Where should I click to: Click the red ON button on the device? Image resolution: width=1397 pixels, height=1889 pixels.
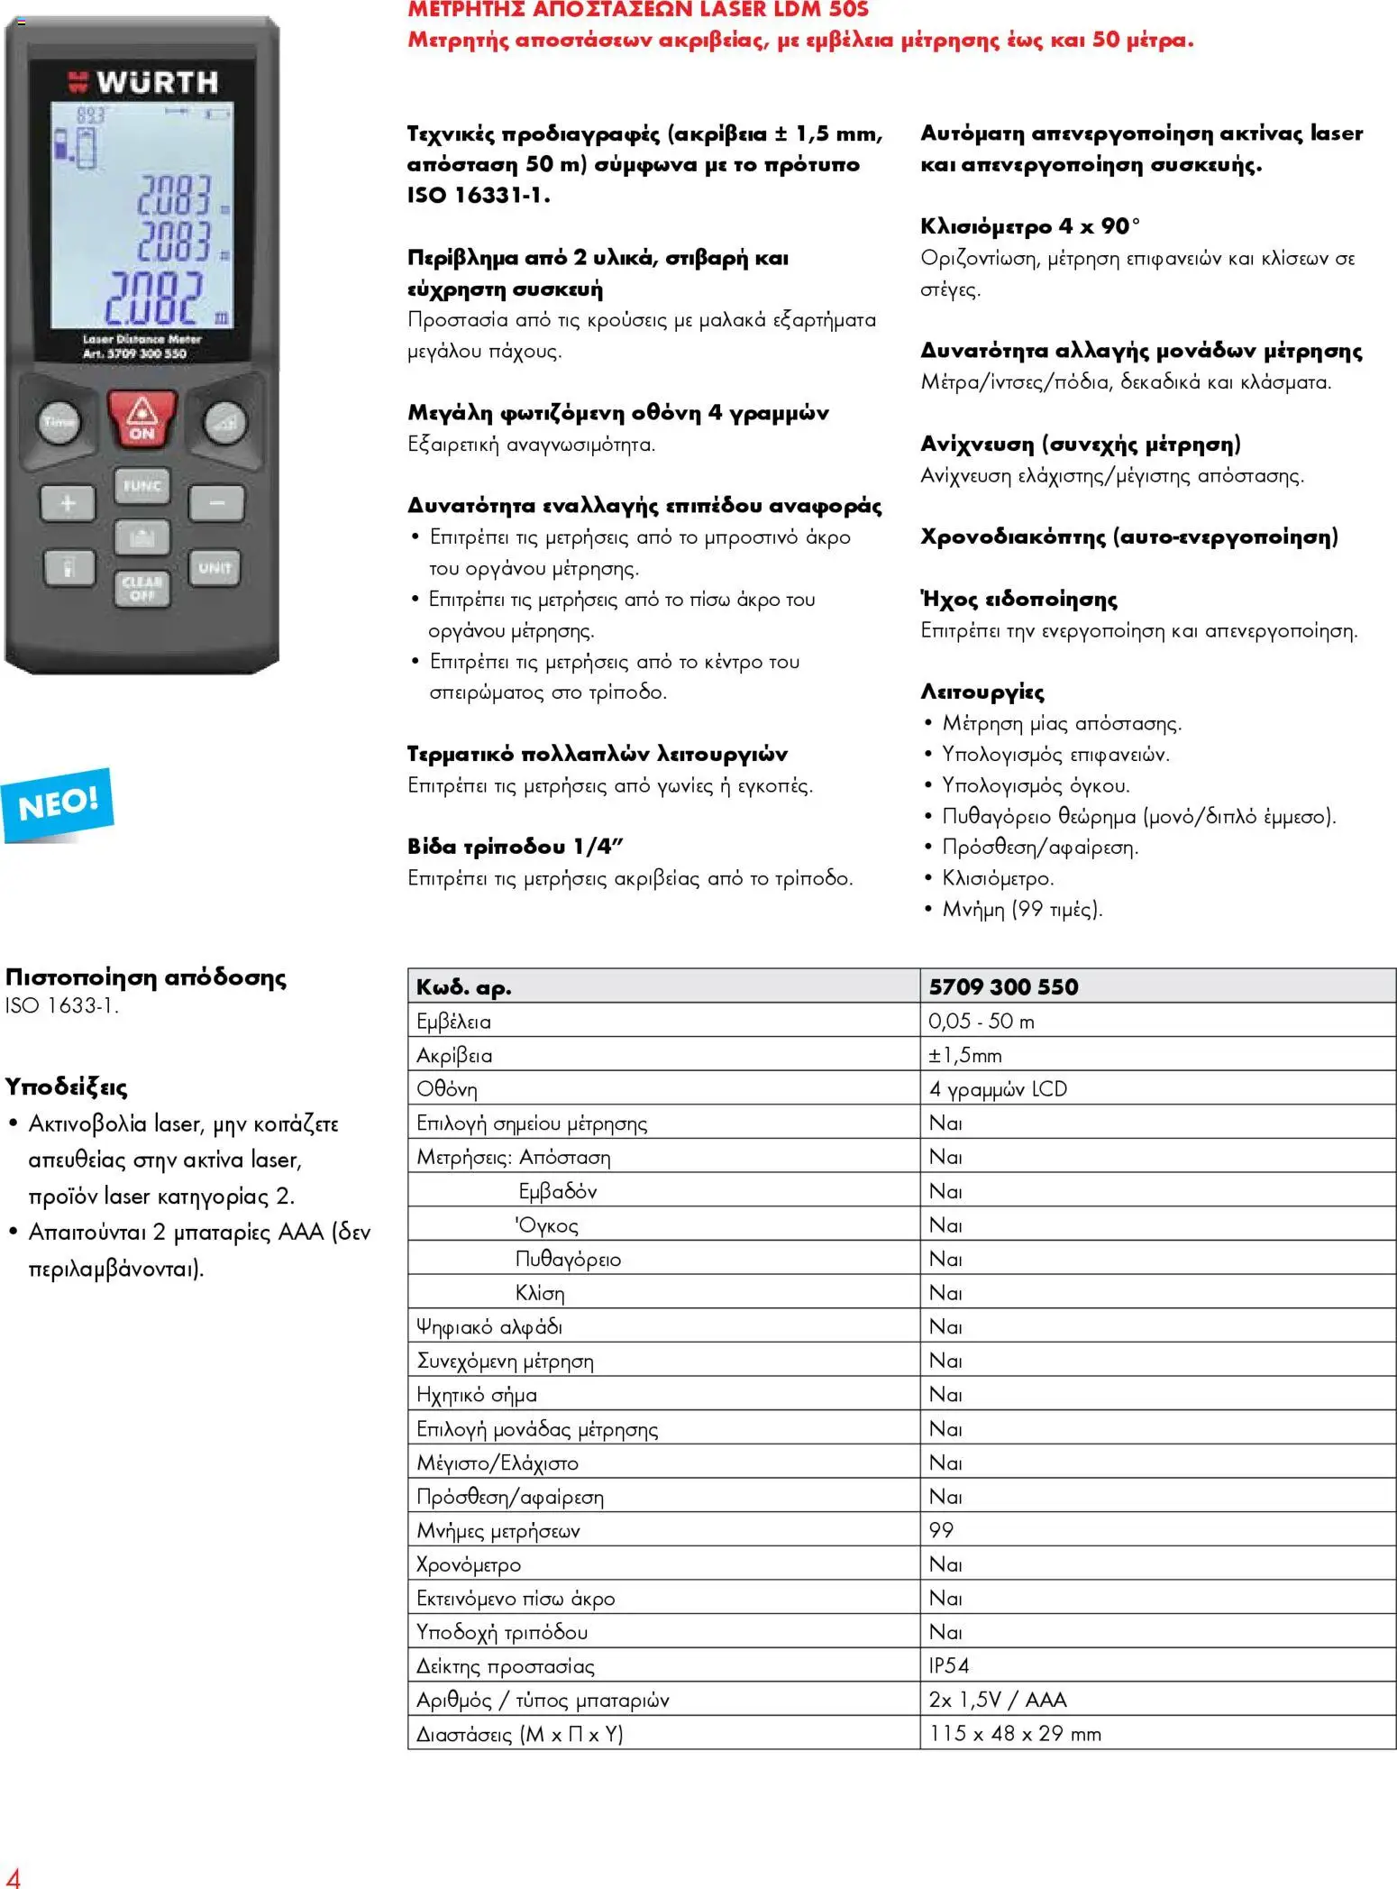point(142,419)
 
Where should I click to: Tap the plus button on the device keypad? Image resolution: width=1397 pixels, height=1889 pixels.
point(68,503)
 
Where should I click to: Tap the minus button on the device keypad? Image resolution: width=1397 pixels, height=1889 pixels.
point(216,503)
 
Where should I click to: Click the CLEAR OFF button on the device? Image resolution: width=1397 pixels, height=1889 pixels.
point(142,588)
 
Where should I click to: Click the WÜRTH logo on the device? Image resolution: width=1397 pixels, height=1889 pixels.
point(144,83)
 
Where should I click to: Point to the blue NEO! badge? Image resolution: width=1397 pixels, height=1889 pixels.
point(58,802)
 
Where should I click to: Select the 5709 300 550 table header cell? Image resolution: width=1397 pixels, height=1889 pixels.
point(1003,986)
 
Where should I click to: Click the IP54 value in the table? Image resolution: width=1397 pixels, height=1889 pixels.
point(949,1665)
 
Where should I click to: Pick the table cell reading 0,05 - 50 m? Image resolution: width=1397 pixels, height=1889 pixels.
point(982,1021)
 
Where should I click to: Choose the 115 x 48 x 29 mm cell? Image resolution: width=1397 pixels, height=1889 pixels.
point(1015,1733)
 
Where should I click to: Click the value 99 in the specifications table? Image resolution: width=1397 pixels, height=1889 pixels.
point(941,1530)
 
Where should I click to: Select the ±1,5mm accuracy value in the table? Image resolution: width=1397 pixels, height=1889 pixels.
point(965,1055)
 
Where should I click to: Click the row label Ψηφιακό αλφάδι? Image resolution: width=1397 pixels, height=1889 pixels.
point(489,1326)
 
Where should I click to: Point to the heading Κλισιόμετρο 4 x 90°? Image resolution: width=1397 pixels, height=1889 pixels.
point(1030,226)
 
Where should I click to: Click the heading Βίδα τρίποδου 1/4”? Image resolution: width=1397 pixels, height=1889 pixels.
point(516,847)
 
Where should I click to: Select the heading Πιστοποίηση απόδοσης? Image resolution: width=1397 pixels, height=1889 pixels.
point(146,977)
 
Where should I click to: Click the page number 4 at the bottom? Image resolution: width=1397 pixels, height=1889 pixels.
point(13,1875)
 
